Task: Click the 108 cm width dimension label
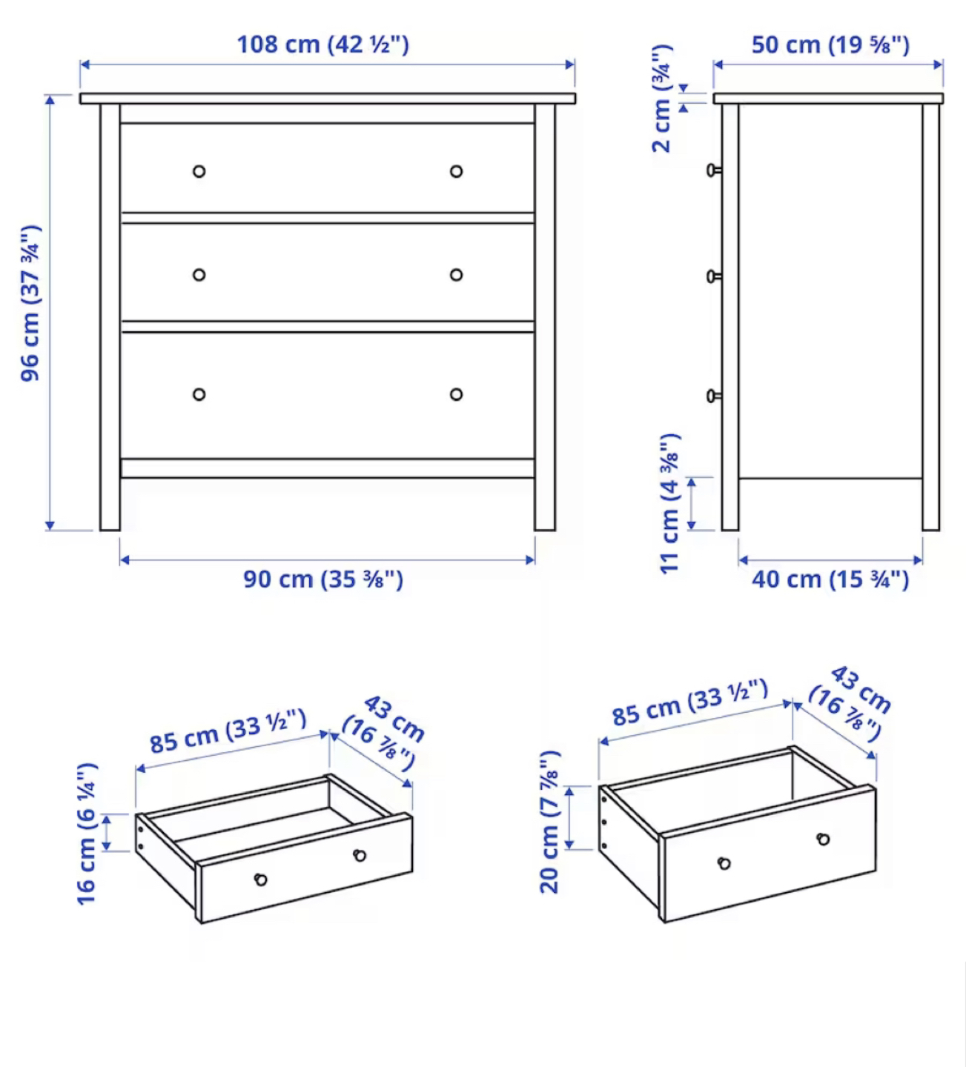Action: pyautogui.click(x=322, y=44)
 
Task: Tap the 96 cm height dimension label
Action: pyautogui.click(x=31, y=303)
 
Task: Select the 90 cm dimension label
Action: pyautogui.click(x=323, y=579)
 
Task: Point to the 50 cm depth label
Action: pyautogui.click(x=830, y=44)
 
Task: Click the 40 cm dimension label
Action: pyautogui.click(x=830, y=579)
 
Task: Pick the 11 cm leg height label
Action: pyautogui.click(x=670, y=503)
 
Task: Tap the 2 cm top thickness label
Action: pyautogui.click(x=663, y=99)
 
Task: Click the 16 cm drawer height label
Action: pyautogui.click(x=87, y=834)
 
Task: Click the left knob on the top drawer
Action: pyautogui.click(x=199, y=171)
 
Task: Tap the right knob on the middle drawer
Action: pyautogui.click(x=456, y=275)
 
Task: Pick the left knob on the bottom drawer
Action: pyautogui.click(x=199, y=395)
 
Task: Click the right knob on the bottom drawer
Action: pyautogui.click(x=456, y=395)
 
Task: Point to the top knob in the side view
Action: pyautogui.click(x=714, y=170)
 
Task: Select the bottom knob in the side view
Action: pyautogui.click(x=714, y=396)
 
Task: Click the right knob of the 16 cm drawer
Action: pyautogui.click(x=360, y=855)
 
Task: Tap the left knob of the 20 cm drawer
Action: pyautogui.click(x=724, y=863)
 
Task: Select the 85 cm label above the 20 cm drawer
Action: pyautogui.click(x=690, y=702)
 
